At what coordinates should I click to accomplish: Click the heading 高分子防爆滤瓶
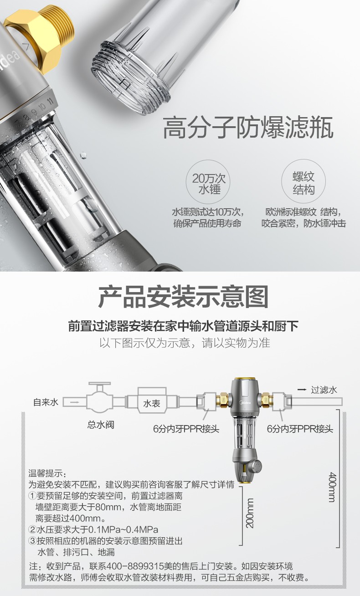pyautogui.click(x=248, y=127)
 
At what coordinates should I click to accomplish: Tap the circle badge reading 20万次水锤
pyautogui.click(x=208, y=182)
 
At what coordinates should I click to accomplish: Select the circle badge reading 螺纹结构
pyautogui.click(x=303, y=181)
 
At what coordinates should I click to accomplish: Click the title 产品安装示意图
pyautogui.click(x=183, y=297)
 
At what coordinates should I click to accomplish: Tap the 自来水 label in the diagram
pyautogui.click(x=46, y=402)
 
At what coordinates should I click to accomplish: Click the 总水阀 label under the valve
pyautogui.click(x=101, y=425)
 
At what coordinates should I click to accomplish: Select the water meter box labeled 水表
pyautogui.click(x=152, y=400)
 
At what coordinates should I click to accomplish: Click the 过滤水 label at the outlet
pyautogui.click(x=324, y=390)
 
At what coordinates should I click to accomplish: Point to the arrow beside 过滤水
pyautogui.click(x=302, y=390)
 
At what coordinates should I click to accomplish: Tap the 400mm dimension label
pyautogui.click(x=332, y=487)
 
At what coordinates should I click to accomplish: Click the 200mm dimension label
pyautogui.click(x=250, y=513)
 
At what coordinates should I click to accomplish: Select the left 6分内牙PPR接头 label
pyautogui.click(x=186, y=429)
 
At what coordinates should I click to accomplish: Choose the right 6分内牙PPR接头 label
pyautogui.click(x=300, y=429)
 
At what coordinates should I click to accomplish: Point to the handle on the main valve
pyautogui.click(x=99, y=384)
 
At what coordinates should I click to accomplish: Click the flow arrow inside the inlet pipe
pyautogui.click(x=75, y=402)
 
